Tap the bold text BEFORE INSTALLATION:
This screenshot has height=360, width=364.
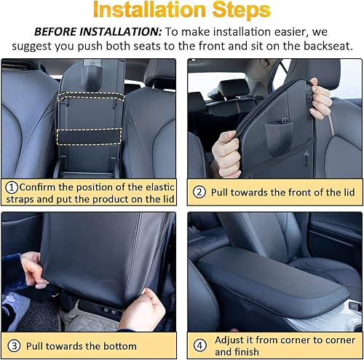pos(97,34)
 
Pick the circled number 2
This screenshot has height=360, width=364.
pos(199,192)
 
